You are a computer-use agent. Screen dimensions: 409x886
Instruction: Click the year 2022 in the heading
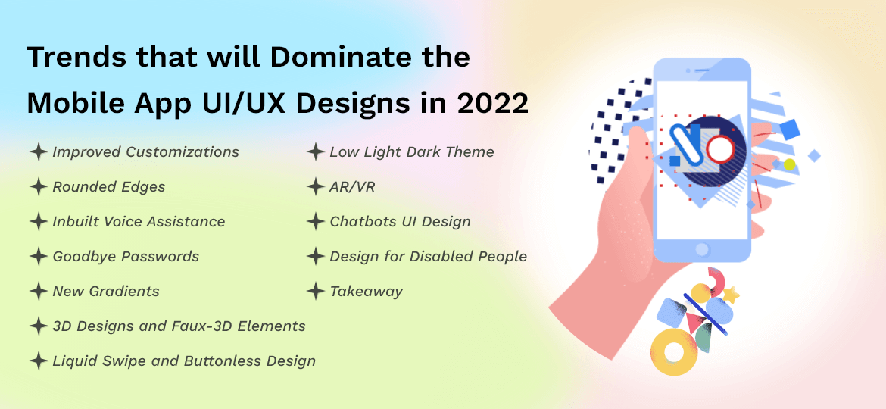pos(492,104)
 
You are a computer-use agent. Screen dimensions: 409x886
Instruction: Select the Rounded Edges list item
pos(108,187)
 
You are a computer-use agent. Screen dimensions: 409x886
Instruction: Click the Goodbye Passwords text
pos(126,257)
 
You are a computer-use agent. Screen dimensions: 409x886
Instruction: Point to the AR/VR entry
pos(352,187)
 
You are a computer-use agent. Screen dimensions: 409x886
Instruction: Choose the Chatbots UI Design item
pos(400,222)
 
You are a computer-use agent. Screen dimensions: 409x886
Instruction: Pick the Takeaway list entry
pos(366,292)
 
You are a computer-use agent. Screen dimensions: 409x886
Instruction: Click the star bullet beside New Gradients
pos(38,291)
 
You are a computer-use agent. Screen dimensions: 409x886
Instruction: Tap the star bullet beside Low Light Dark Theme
pos(316,152)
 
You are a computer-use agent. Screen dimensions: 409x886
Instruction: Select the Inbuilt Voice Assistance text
pos(139,222)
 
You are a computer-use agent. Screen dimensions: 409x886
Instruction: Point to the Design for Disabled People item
pos(428,257)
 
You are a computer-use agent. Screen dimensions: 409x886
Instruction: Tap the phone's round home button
pos(701,249)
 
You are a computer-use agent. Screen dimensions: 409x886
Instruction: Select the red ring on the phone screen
pos(720,149)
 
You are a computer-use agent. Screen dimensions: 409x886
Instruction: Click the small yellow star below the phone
pos(731,295)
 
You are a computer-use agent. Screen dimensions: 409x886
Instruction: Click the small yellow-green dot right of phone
pos(790,164)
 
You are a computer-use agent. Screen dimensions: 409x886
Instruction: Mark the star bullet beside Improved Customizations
pos(38,152)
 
